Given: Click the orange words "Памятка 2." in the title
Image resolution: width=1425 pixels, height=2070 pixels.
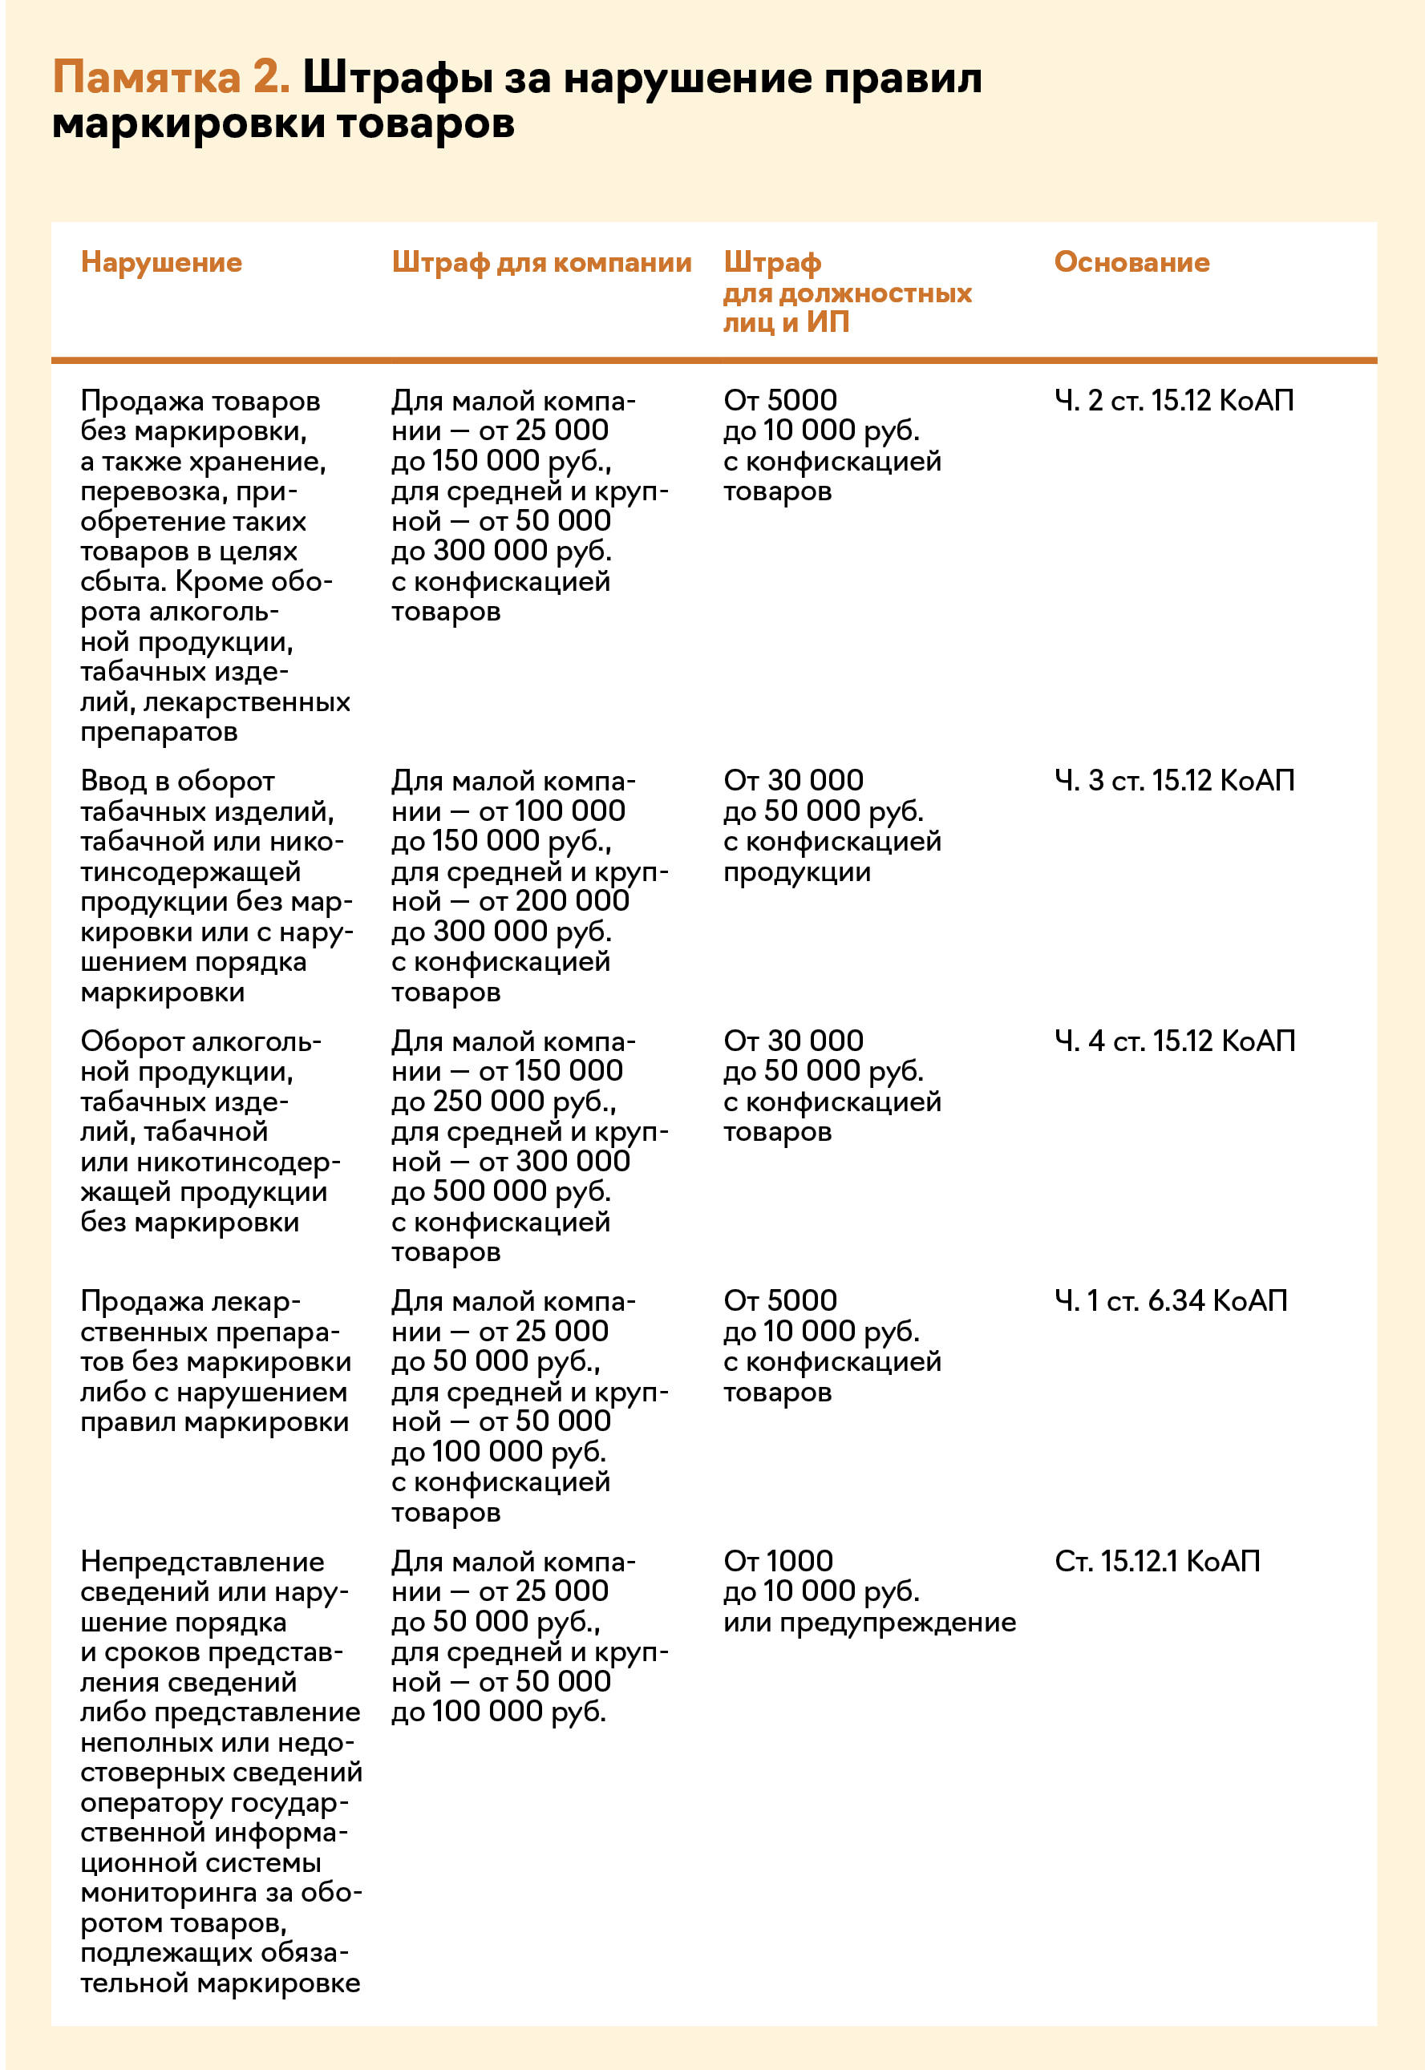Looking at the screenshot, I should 171,78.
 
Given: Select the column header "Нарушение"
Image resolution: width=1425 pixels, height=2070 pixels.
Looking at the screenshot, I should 160,261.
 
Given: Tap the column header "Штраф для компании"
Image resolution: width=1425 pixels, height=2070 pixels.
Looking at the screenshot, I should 541,261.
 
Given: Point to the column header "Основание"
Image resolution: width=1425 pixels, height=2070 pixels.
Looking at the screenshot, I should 1131,261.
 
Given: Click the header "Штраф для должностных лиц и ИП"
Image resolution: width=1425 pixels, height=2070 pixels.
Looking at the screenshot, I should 847,292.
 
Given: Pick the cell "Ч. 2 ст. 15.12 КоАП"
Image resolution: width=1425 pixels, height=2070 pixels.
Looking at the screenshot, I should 1173,401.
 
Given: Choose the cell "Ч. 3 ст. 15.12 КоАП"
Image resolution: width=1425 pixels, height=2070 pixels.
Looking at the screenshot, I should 1173,781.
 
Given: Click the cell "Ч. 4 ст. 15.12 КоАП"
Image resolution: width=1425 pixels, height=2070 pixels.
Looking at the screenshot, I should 1174,1041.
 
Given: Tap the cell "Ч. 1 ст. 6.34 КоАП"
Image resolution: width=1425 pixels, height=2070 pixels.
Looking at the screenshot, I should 1171,1300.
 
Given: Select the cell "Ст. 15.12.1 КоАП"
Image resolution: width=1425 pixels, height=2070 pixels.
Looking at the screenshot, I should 1156,1561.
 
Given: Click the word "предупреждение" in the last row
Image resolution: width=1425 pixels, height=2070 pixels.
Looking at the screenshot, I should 897,1622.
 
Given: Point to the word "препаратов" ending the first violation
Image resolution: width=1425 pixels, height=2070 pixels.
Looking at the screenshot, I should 159,732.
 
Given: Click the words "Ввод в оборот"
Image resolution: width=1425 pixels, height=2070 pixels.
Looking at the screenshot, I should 176,781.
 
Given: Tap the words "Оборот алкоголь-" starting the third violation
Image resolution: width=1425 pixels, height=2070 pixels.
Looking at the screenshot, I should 201,1041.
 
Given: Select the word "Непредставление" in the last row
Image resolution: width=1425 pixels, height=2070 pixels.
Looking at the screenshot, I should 202,1561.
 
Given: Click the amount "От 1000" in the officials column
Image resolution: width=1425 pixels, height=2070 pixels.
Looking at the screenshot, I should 778,1561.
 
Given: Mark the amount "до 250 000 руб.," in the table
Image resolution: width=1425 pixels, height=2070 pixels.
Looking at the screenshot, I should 504,1102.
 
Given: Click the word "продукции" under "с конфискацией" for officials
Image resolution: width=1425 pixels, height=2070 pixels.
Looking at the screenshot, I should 796,872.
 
